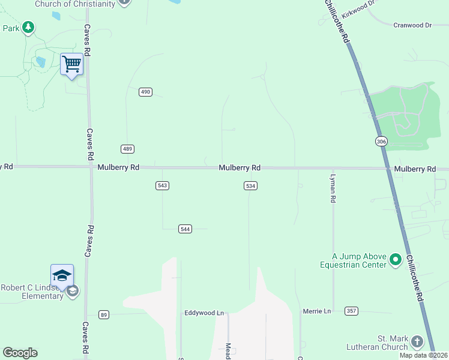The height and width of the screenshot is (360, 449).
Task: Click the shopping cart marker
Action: [71, 64]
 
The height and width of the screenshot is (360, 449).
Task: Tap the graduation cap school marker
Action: [62, 275]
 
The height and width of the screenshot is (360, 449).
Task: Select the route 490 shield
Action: [145, 92]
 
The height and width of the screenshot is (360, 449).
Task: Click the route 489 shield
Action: [127, 149]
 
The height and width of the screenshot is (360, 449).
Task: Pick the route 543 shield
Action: [161, 185]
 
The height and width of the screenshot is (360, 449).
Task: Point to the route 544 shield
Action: [185, 229]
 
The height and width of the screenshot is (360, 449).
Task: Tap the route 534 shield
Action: [251, 186]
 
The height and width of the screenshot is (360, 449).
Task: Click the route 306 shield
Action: [381, 141]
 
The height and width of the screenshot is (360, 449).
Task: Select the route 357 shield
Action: [352, 311]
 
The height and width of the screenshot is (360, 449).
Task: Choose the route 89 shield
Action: [104, 314]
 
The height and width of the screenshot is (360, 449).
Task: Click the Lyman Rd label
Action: [333, 188]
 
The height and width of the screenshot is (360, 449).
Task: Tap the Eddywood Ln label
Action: [204, 313]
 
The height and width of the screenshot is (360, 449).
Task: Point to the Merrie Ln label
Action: [317, 311]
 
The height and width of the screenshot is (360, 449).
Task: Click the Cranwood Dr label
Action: [412, 25]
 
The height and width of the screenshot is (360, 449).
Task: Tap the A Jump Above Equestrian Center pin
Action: [395, 259]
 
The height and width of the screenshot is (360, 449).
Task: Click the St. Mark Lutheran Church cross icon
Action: [417, 342]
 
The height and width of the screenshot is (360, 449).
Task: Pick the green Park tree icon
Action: [28, 28]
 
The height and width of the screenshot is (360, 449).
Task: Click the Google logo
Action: [20, 353]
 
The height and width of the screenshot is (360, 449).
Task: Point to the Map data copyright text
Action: [424, 355]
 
